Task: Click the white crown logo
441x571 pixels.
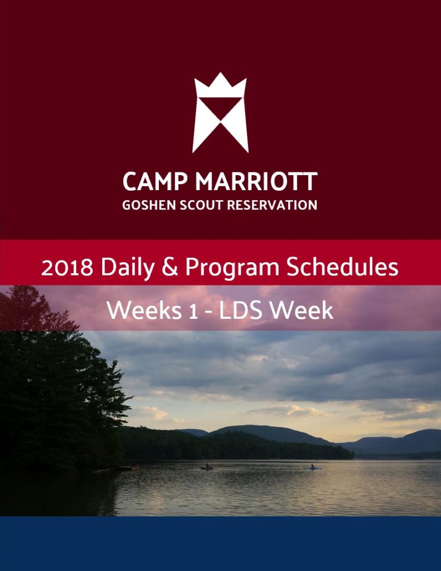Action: (220, 113)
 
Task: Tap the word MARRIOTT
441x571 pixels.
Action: (256, 181)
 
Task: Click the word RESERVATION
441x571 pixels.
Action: (272, 205)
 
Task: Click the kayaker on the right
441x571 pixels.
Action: (313, 467)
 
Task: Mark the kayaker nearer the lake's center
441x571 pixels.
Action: (207, 466)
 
